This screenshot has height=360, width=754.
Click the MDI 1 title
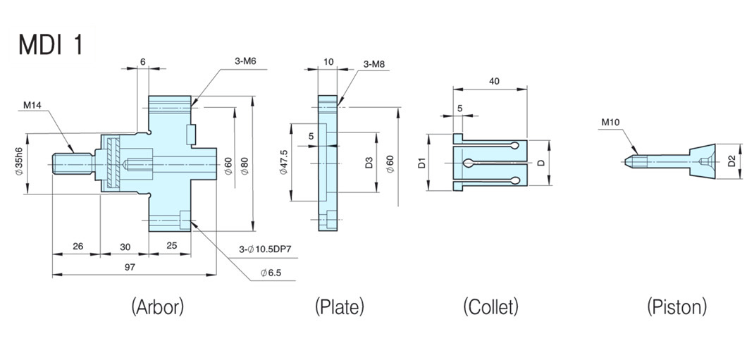pos(51,44)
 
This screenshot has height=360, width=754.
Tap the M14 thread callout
pos(32,106)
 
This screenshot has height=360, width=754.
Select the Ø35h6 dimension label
pos(19,163)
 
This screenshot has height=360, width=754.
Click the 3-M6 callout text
pos(245,61)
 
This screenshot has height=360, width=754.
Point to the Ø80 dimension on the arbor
pos(244,164)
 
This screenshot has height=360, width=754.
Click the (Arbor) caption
pos(157,306)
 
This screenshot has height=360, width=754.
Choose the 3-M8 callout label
pos(374,65)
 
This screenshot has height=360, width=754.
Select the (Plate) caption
pos(339,306)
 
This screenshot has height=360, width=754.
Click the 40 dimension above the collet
pos(493,82)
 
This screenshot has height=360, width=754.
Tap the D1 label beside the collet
pos(421,164)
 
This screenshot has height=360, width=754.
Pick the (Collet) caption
pos(490,306)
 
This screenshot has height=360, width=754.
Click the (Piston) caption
pos(676,306)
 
